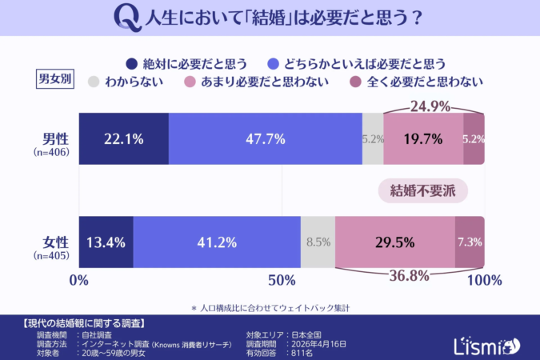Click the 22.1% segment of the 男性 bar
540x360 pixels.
(x=123, y=138)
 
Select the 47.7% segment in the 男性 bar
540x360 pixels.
(x=265, y=138)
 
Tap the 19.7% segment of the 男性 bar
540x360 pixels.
(x=423, y=138)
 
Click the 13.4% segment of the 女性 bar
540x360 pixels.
(x=106, y=242)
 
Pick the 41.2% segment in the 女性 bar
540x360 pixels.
(x=217, y=242)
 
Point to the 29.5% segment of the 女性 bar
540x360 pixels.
(x=394, y=242)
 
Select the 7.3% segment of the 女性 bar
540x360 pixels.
(x=470, y=242)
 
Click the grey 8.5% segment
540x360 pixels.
(x=318, y=242)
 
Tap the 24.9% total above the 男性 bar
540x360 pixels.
(x=433, y=106)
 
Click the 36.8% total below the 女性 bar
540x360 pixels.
(x=410, y=276)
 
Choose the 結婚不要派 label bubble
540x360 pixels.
(x=422, y=190)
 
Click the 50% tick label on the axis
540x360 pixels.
(x=282, y=280)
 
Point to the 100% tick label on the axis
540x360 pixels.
(x=483, y=280)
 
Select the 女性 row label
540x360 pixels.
(x=55, y=242)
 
